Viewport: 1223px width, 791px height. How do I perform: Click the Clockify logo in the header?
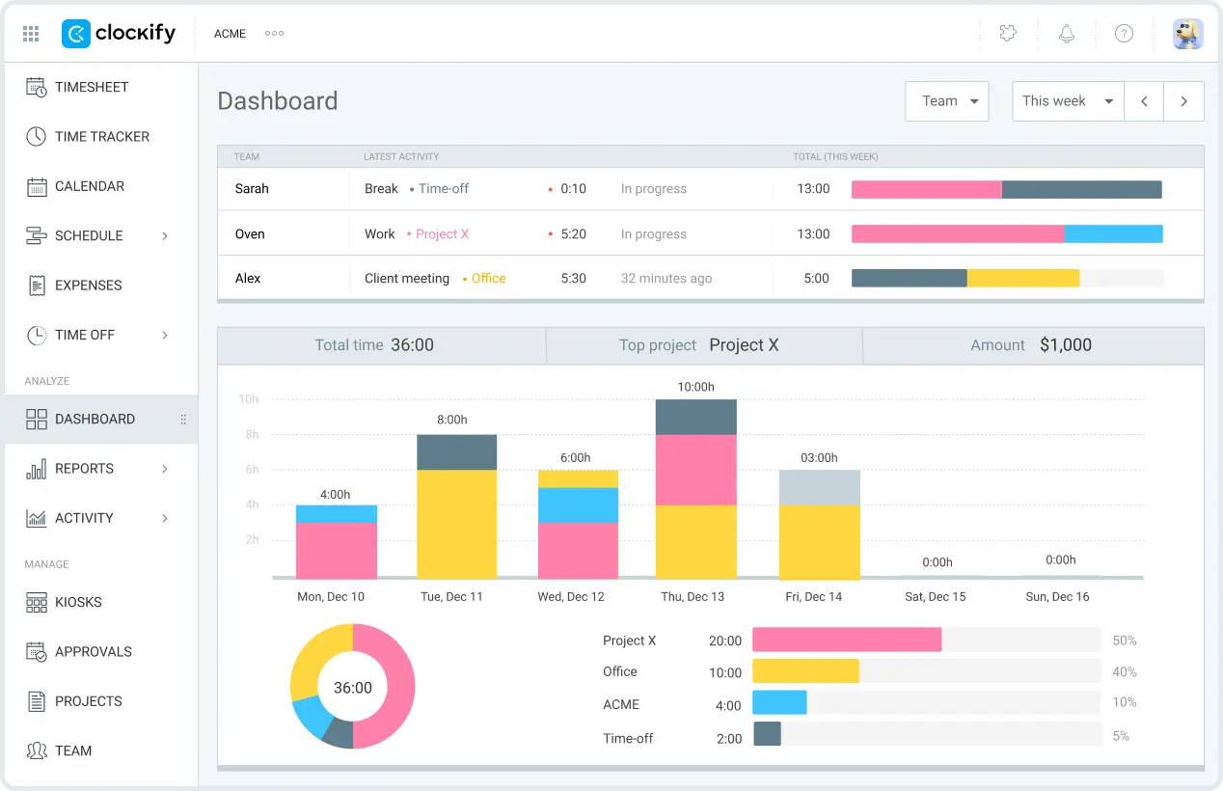click(119, 34)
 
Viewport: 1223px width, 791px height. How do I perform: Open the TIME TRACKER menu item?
click(101, 137)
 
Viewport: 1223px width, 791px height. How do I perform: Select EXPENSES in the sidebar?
click(88, 286)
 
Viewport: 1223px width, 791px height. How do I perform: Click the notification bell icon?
click(1066, 34)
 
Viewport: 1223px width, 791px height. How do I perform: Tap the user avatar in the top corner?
click(1187, 34)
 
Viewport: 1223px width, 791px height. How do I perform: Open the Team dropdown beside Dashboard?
click(946, 101)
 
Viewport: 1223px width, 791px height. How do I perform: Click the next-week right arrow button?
click(1183, 101)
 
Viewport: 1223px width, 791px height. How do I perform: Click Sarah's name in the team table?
click(252, 189)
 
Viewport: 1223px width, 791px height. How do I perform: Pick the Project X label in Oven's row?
click(442, 234)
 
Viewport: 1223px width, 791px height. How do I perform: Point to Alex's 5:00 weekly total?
click(816, 279)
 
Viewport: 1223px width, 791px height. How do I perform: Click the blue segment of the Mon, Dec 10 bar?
click(336, 514)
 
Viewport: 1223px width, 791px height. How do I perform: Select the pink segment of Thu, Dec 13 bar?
click(695, 470)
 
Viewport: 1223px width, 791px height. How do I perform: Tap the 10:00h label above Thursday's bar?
click(695, 387)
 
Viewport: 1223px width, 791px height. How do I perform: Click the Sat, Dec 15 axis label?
click(935, 597)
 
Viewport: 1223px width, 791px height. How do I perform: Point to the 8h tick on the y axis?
click(251, 435)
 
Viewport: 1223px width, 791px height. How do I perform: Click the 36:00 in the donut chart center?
click(352, 688)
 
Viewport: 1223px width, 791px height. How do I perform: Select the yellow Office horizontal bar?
click(805, 671)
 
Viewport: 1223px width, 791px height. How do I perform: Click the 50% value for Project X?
click(1124, 641)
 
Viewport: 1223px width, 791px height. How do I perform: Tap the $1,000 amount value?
click(1065, 345)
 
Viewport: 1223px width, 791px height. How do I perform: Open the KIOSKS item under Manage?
click(78, 602)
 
